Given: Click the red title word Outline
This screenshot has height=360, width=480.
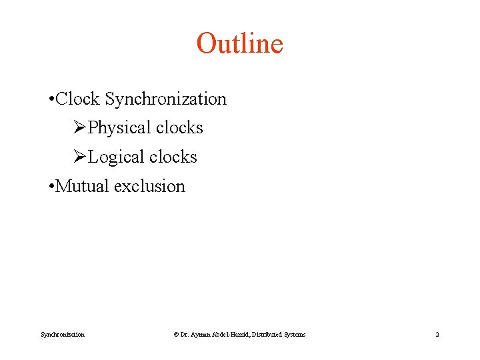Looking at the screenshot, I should tap(240, 44).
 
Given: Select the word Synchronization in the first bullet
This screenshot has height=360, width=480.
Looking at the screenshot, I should tap(165, 99).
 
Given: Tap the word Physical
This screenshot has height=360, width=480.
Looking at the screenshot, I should tap(117, 128).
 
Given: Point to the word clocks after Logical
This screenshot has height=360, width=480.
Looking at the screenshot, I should tap(173, 157).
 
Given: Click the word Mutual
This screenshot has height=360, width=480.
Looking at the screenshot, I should tap(83, 186).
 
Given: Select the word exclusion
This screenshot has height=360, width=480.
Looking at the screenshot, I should tap(149, 186).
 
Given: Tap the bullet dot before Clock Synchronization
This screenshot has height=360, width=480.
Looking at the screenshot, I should tap(51, 100).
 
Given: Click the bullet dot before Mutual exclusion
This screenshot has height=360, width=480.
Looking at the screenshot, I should tap(51, 187).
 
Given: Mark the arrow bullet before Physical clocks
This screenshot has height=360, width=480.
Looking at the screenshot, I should tap(80, 128).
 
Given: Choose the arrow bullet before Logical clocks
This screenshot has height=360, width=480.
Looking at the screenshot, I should tap(80, 157).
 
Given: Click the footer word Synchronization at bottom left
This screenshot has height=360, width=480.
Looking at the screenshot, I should tap(63, 335).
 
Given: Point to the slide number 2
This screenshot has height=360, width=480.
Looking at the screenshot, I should tap(437, 335).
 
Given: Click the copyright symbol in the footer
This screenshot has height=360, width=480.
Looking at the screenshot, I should tap(176, 335).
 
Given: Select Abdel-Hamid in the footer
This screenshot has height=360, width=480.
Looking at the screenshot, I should tap(231, 335).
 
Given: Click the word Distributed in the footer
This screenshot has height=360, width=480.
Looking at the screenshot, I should tap(268, 335).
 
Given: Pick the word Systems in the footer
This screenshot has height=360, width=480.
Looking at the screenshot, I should tap(295, 335).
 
